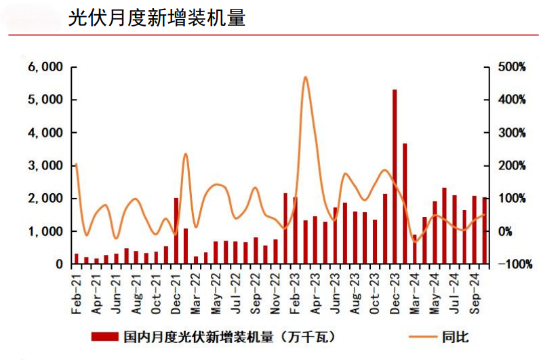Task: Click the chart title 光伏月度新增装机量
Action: (x=156, y=18)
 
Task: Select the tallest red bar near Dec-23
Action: (x=395, y=176)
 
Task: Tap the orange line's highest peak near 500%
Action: (x=305, y=77)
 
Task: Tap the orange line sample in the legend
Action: (x=422, y=336)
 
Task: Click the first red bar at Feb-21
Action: (x=76, y=259)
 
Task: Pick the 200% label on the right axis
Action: (x=512, y=165)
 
